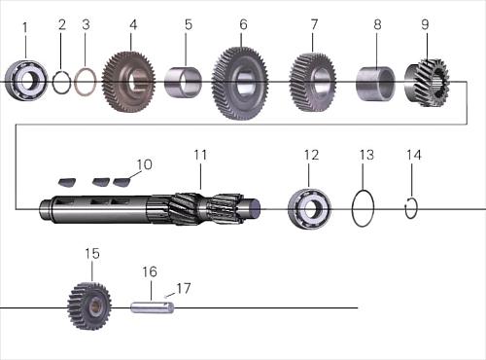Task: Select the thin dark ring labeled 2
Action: click(x=53, y=83)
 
